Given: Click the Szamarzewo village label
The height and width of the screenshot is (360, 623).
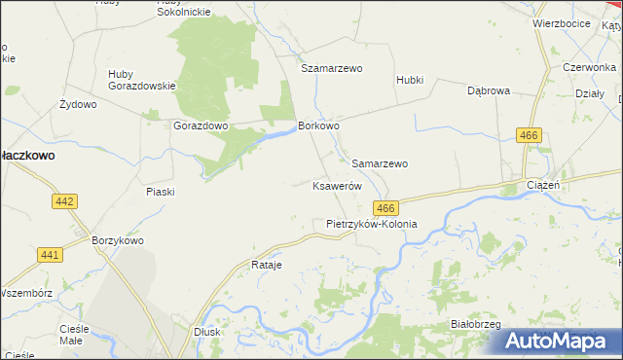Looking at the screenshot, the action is point(331,69).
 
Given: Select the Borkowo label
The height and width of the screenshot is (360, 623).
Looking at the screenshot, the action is point(318,126).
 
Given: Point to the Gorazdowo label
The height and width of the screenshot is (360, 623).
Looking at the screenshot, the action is point(200,126).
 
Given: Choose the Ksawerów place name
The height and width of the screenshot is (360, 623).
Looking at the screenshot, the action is point(337,186).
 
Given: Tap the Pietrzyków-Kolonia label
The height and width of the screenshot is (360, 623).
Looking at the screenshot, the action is point(371,224).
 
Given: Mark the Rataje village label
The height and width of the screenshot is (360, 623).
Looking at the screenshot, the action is point(266,265).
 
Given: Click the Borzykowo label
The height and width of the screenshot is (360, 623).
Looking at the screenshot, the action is point(118,240).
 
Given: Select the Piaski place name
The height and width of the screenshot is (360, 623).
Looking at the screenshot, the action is point(160,192).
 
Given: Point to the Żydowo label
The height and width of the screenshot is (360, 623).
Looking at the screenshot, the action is point(78,104).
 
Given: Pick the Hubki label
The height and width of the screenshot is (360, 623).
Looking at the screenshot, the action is point(410,80).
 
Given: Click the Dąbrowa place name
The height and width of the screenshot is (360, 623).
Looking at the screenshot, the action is point(489,90).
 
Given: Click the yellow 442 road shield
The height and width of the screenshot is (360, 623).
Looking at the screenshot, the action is point(65,200).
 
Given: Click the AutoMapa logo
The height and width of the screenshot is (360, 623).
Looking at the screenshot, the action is point(558,342).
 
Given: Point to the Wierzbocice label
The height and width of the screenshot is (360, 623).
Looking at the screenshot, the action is point(562,22).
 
